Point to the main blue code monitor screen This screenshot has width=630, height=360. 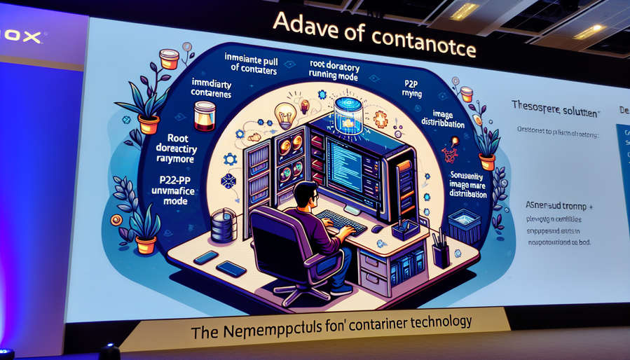[x=356, y=165]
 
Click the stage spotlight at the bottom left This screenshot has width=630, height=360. [x=109, y=352]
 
